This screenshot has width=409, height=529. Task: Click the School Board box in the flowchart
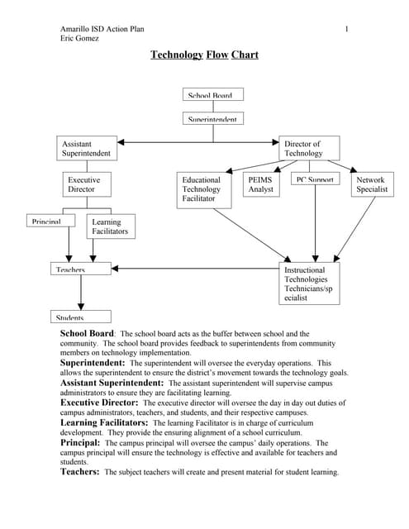pos(210,94)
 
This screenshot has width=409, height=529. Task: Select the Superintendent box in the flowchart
pos(210,118)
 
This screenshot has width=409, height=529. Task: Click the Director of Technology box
pos(309,148)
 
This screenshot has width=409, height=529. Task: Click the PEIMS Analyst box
pos(261,185)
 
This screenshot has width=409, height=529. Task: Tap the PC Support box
pos(315,179)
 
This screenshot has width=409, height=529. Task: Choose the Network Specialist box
pos(371,184)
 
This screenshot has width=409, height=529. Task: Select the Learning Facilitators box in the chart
pos(110,226)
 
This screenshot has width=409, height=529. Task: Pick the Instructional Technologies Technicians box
pos(309,284)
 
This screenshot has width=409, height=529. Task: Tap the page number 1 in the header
pos(347,30)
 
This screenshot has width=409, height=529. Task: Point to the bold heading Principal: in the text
pos(80,443)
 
